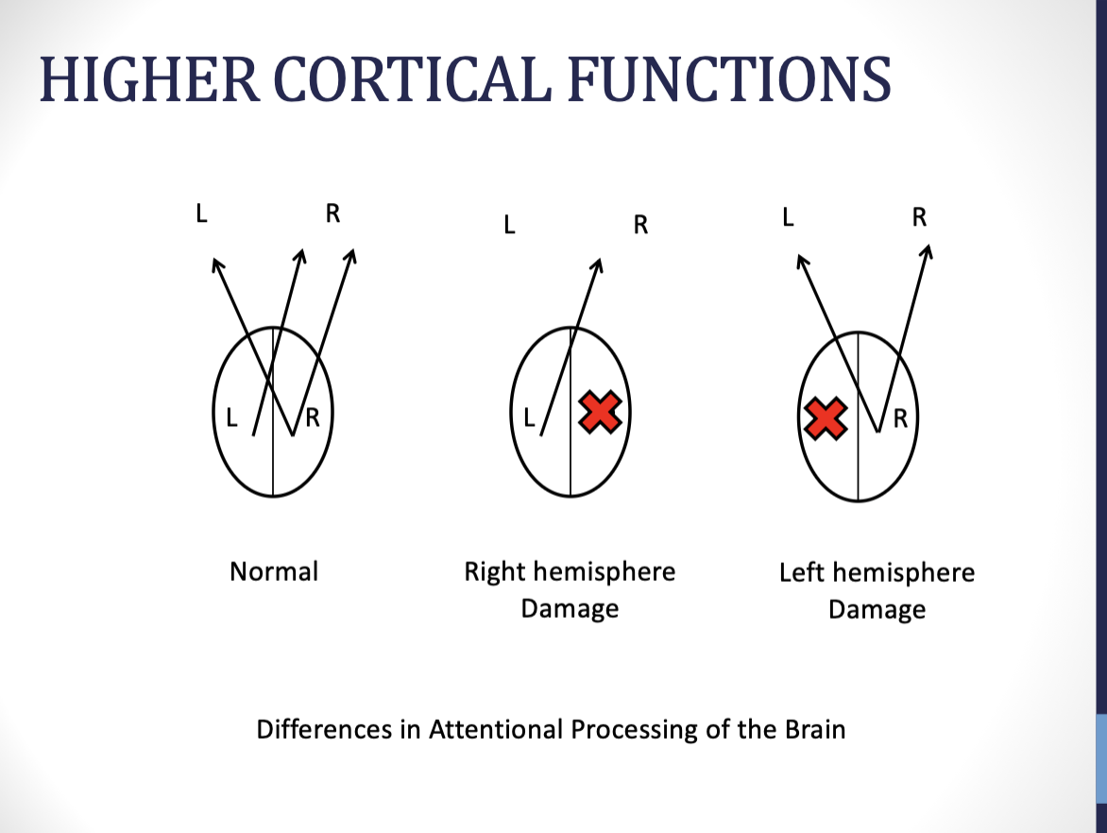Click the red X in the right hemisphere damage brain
pyautogui.click(x=600, y=413)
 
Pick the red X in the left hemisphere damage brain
pyautogui.click(x=825, y=418)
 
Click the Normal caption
pyautogui.click(x=274, y=571)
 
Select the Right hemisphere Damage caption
pyautogui.click(x=570, y=589)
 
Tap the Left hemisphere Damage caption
pyautogui.click(x=877, y=590)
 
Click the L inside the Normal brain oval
pyautogui.click(x=231, y=417)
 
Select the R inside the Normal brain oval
pyautogui.click(x=312, y=417)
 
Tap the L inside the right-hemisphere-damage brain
pyautogui.click(x=529, y=416)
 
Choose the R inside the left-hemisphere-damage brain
pyautogui.click(x=900, y=417)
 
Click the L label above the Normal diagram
pyautogui.click(x=201, y=213)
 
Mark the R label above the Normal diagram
pyautogui.click(x=332, y=213)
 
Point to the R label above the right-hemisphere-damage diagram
pyautogui.click(x=640, y=226)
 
